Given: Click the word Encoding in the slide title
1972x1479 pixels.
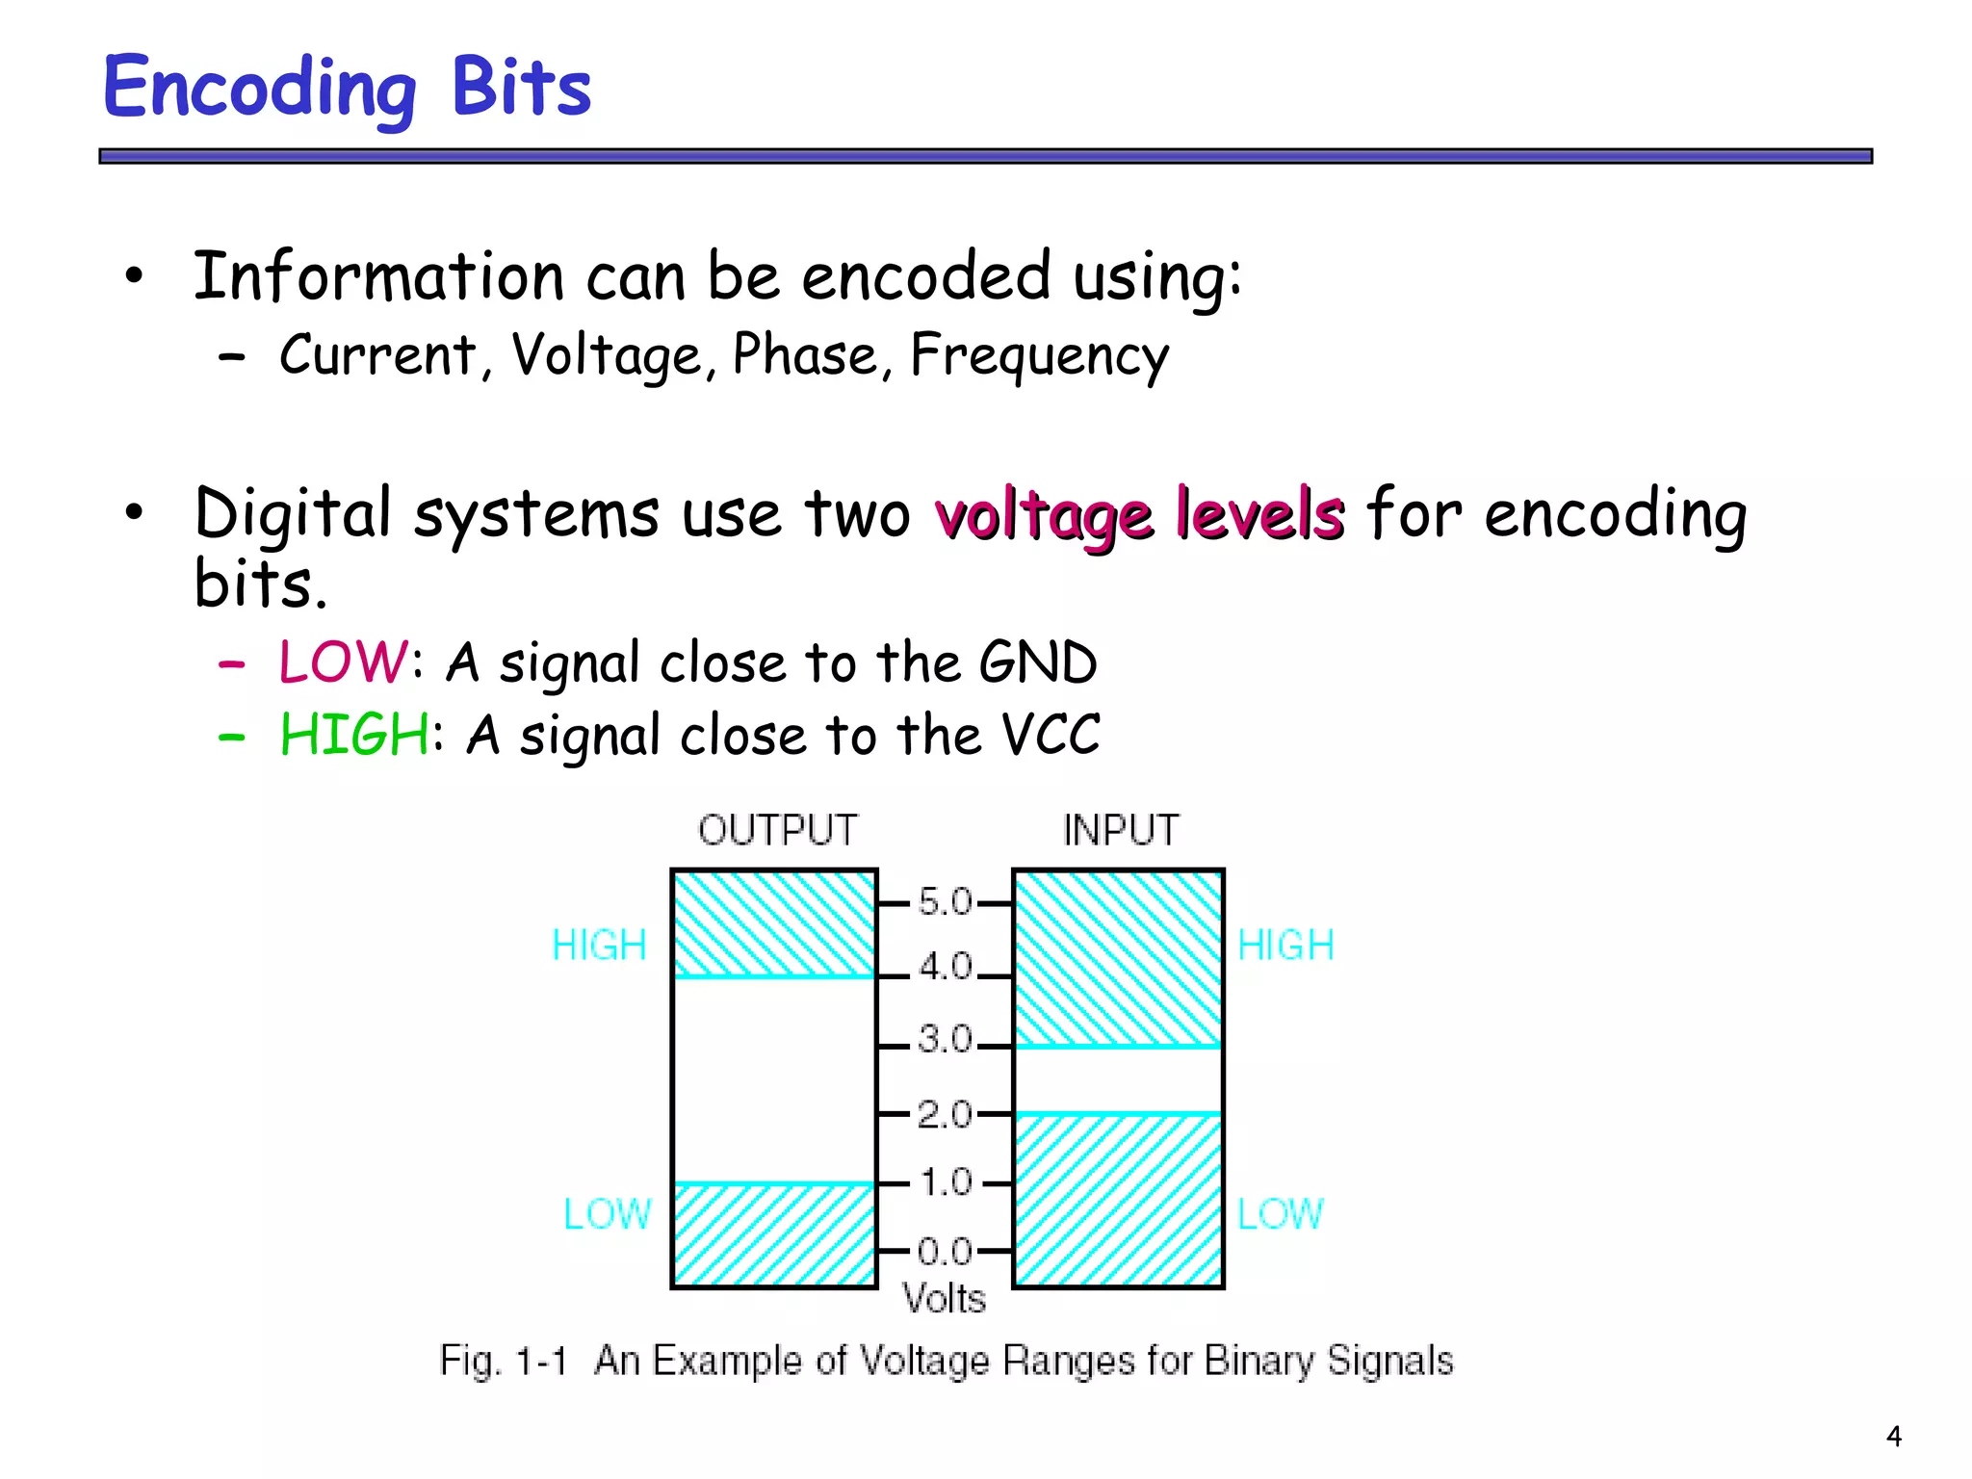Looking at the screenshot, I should [x=259, y=89].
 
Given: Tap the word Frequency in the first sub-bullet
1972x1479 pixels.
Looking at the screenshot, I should [x=1039, y=356].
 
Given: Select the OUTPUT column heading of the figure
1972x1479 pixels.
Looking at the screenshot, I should [x=777, y=830].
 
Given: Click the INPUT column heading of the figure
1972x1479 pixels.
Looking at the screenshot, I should [x=1120, y=830].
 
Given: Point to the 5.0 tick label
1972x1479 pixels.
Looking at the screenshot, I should [x=945, y=902].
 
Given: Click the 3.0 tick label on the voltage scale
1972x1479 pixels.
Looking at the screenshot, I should [x=945, y=1039].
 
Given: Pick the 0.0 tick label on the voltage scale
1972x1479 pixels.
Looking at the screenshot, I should [x=945, y=1251].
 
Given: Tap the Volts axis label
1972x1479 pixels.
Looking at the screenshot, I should [x=945, y=1299].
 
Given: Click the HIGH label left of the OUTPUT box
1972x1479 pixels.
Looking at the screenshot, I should [x=599, y=946].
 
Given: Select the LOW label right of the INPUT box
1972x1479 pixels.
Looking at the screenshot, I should [x=1280, y=1213].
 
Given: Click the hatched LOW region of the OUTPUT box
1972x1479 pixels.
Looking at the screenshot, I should [x=774, y=1234].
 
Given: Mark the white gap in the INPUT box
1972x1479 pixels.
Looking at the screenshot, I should [x=1118, y=1079].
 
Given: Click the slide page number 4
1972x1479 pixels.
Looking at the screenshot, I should [x=1894, y=1437].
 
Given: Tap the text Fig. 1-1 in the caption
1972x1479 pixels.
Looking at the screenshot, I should [x=503, y=1361].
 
